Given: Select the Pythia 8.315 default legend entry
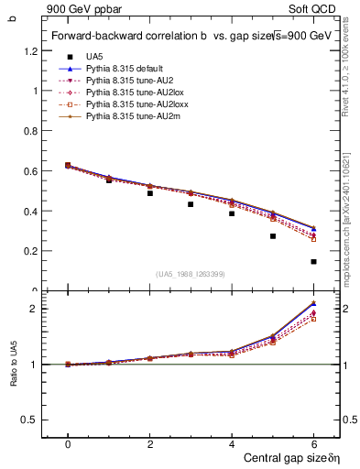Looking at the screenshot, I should click(x=120, y=69).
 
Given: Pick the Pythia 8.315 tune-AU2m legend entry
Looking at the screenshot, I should click(x=125, y=116).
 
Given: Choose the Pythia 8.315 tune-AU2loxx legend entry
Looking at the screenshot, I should click(x=127, y=104).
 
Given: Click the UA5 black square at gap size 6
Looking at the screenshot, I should click(x=313, y=262).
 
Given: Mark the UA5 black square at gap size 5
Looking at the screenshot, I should click(x=273, y=236).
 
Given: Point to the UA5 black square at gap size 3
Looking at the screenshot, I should click(x=191, y=204).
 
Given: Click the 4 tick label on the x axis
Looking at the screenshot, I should click(x=232, y=444).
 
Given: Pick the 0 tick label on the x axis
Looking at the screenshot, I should click(x=68, y=444).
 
